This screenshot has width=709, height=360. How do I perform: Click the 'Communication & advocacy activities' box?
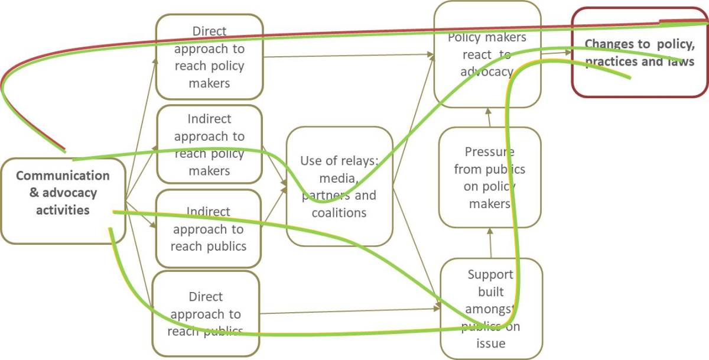pos(63,201)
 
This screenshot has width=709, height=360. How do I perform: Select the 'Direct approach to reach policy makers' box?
pos(209,57)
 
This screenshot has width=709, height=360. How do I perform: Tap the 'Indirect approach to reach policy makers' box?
pos(209,145)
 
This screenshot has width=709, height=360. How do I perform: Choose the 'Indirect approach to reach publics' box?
pos(209,229)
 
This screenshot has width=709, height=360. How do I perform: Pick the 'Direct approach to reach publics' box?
pos(206,314)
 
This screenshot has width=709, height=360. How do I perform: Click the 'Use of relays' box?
pos(339,186)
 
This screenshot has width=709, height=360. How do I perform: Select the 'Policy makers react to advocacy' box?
pos(487,54)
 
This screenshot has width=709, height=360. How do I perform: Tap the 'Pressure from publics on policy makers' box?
pos(490,177)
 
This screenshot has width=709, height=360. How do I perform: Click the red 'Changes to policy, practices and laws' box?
pos(639,53)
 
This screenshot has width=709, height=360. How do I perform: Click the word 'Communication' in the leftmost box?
pos(63,176)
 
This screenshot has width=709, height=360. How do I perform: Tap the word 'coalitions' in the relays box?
pos(339,213)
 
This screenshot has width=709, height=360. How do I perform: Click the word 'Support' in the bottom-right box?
pos(490,274)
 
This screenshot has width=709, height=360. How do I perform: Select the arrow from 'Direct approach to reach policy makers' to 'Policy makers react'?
pos(349,56)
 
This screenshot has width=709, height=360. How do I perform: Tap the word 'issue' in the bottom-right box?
pos(490,343)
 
